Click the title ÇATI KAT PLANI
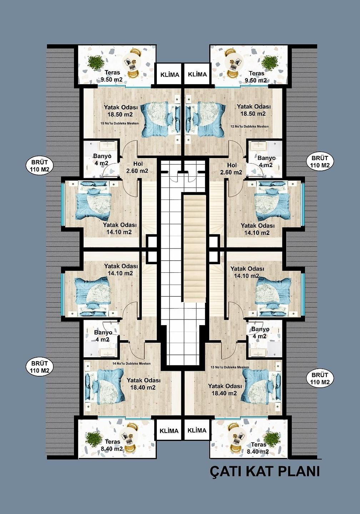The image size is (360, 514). click(264, 471)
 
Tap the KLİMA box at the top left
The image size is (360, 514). click(170, 75)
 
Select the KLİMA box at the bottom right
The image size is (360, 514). click(197, 430)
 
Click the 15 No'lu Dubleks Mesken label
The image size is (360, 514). click(120, 124)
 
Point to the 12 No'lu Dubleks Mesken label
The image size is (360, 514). click(249, 126)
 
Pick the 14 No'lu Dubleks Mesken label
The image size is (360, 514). click(131, 363)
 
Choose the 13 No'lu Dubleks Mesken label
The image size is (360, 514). click(230, 367)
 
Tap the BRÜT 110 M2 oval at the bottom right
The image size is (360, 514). click(320, 379)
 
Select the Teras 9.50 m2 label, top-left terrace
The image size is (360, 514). click(112, 76)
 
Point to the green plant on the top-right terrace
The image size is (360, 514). click(270, 63)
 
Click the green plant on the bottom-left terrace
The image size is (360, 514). click(94, 439)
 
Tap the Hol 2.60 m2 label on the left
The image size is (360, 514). click(137, 167)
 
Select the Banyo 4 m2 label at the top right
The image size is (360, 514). click(266, 161)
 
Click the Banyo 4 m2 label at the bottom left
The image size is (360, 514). click(103, 336)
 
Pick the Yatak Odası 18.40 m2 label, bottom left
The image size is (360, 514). click(143, 384)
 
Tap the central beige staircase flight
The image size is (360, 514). click(195, 246)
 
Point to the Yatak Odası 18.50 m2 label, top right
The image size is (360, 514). click(254, 110)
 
